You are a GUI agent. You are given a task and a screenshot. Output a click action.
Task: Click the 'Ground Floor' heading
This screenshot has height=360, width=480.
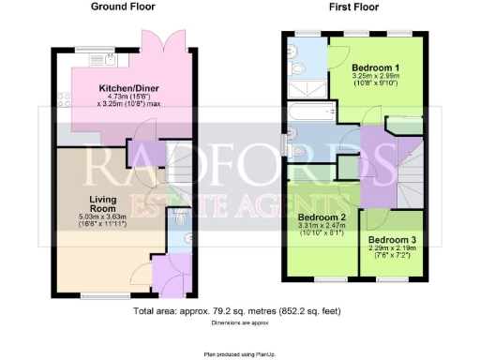123,7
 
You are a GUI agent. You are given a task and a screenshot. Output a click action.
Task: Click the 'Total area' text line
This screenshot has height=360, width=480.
236,310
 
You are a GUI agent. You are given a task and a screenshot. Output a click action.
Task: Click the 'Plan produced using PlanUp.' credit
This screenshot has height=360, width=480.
239,353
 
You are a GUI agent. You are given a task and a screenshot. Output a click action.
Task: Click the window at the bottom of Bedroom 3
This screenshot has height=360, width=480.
394,278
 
